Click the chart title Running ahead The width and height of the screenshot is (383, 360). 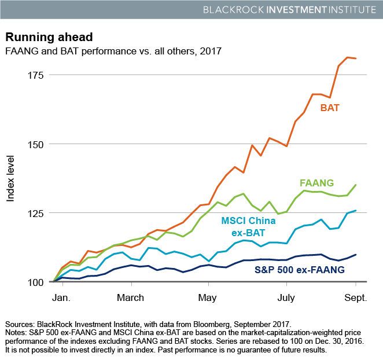(49, 38)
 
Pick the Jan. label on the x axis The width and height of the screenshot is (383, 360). (60, 298)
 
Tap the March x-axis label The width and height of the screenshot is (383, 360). (130, 298)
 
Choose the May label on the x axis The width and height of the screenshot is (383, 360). (208, 298)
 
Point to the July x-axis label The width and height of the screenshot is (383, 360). (285, 298)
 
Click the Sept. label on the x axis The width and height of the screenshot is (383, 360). (356, 298)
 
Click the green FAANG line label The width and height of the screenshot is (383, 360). (317, 183)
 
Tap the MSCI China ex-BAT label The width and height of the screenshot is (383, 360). (244, 226)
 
